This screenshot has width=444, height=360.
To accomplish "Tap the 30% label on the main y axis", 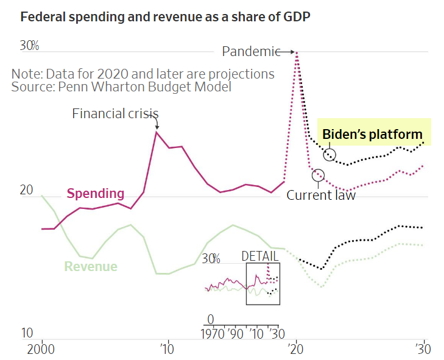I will [x=29, y=46].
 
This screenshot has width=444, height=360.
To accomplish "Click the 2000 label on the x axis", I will [x=41, y=351].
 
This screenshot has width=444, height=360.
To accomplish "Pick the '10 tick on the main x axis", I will [x=167, y=351].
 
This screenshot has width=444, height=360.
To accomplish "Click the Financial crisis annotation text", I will [x=115, y=113].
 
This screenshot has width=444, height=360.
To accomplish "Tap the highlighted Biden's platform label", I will [x=372, y=134].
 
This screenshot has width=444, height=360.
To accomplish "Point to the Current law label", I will [x=321, y=195].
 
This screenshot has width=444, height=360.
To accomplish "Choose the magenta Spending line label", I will [x=95, y=194].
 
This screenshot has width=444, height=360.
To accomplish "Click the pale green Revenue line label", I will [x=91, y=266].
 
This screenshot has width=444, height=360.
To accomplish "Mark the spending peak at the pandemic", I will [x=297, y=52].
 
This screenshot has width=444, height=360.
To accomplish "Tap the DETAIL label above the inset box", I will [x=260, y=256].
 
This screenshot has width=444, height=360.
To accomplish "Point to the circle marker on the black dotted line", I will [x=329, y=155].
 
